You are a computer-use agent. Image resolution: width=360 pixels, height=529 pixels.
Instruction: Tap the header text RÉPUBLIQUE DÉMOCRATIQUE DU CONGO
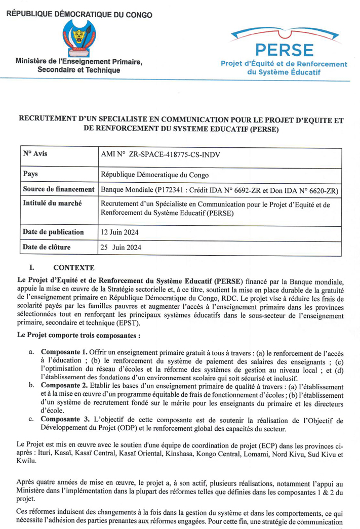[x=79, y=15]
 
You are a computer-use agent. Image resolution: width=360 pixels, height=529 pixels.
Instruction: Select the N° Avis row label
[x=35, y=154]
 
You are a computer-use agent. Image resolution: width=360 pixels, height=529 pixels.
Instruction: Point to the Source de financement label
[x=59, y=189]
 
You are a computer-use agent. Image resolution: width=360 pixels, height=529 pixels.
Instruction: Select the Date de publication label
[x=53, y=232]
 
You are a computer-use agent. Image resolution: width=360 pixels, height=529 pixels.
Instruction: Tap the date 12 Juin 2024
[x=121, y=232]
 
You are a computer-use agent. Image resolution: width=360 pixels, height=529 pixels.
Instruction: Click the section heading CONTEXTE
[x=73, y=267]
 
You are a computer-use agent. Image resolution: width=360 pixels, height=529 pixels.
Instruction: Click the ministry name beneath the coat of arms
[x=79, y=66]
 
